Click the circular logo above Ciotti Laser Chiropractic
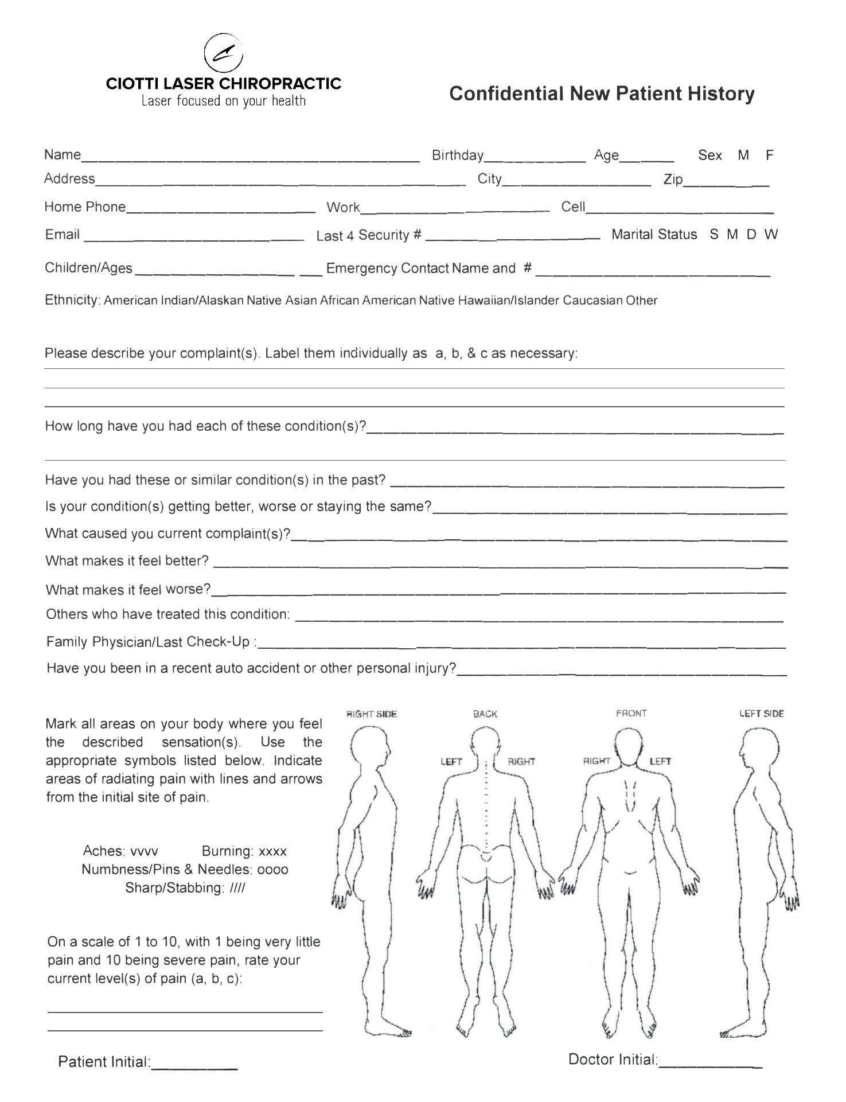pos(224,52)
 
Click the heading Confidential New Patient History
pos(602,94)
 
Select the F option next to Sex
pos(769,155)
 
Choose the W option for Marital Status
pos(770,234)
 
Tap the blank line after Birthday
pos(535,158)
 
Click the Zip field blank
pos(726,182)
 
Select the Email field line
pos(194,236)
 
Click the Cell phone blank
pos(679,209)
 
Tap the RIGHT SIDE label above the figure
pos(372,714)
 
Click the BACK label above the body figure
pos(485,714)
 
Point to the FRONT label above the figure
pos(631,714)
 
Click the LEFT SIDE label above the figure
pos(761,714)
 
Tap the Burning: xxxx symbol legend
pos(244,851)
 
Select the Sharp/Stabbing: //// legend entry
pos(185,888)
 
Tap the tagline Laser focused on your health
pos(224,102)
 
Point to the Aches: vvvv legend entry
pos(120,851)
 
